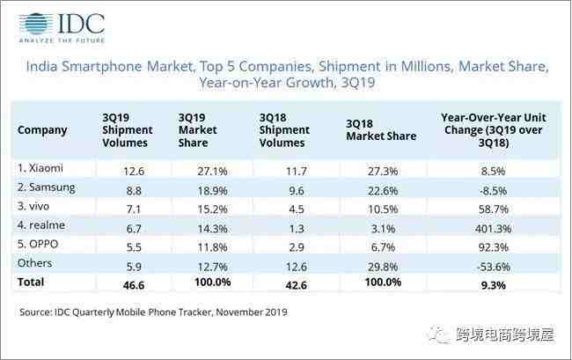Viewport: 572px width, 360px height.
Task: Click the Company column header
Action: click(41, 129)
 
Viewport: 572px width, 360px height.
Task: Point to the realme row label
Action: click(42, 224)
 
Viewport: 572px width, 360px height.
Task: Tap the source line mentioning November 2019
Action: click(153, 312)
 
